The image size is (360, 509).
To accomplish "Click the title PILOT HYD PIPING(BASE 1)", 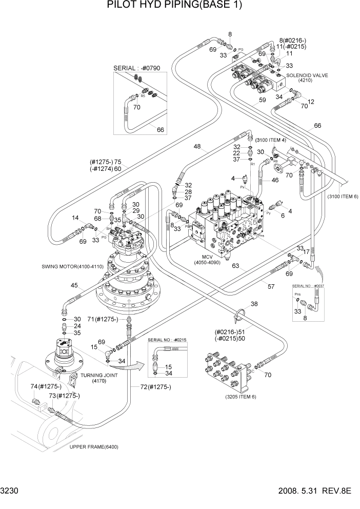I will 174,6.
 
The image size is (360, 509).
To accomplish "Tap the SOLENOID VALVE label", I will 307,75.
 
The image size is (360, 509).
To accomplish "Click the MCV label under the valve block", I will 209,257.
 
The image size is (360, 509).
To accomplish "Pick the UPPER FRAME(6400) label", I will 94,446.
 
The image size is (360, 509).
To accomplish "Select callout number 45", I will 74,286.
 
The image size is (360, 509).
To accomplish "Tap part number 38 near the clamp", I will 254,304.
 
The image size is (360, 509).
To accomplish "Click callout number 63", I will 235,266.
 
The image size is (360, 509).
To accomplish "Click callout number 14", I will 75,218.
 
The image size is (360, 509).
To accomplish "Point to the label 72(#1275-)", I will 152,386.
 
